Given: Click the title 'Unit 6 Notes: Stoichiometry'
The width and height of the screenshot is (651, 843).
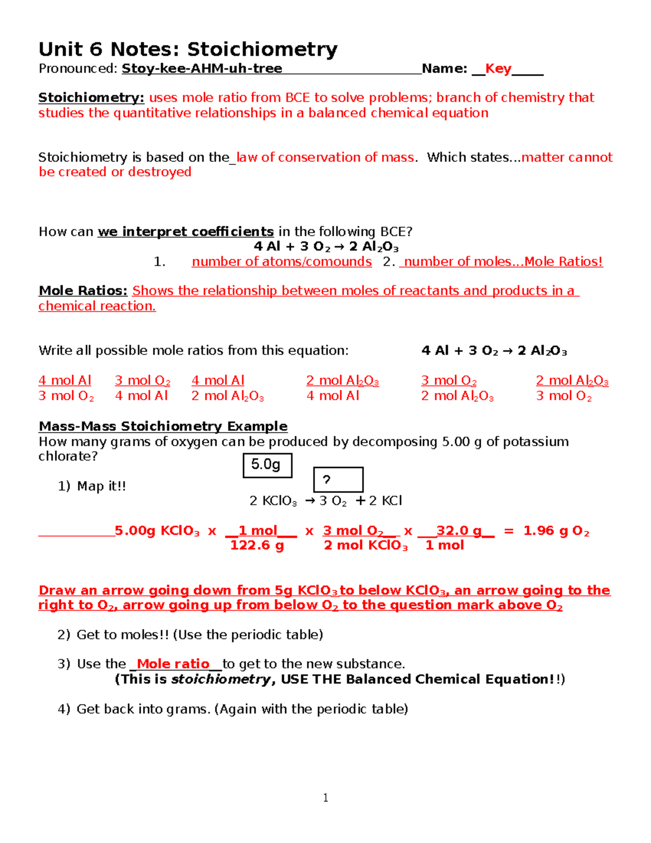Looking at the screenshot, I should pyautogui.click(x=188, y=49).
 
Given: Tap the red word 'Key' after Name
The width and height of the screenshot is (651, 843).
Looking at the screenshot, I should pyautogui.click(x=498, y=68).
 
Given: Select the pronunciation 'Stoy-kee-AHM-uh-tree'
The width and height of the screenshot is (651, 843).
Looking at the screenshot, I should pyautogui.click(x=202, y=68).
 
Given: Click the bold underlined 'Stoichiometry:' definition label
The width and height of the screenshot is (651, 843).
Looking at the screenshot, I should pyautogui.click(x=91, y=98).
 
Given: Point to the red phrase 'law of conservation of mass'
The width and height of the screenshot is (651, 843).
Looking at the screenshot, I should pyautogui.click(x=325, y=157).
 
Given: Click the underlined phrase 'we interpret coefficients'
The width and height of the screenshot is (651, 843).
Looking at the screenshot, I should pyautogui.click(x=186, y=232).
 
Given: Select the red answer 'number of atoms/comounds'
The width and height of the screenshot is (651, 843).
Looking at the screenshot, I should pyautogui.click(x=282, y=262).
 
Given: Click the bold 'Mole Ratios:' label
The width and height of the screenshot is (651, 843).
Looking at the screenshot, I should pyautogui.click(x=83, y=291).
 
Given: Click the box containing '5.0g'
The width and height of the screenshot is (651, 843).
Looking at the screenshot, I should pyautogui.click(x=267, y=465).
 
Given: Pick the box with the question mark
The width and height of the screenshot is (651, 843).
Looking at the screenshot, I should pyautogui.click(x=338, y=480).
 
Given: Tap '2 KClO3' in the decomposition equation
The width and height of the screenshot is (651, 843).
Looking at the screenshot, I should pyautogui.click(x=273, y=501).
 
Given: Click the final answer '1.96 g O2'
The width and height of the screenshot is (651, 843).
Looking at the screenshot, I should pyautogui.click(x=556, y=531).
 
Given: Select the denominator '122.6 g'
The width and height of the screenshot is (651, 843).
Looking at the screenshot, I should pyautogui.click(x=257, y=546).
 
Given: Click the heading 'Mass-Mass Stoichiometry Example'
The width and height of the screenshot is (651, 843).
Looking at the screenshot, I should pyautogui.click(x=163, y=426).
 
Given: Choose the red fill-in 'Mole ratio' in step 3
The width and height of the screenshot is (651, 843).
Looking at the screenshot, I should pyautogui.click(x=173, y=664).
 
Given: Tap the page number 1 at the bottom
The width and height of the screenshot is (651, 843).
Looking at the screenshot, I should pyautogui.click(x=325, y=797).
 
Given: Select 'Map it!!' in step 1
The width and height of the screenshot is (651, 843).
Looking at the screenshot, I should pyautogui.click(x=101, y=486).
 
